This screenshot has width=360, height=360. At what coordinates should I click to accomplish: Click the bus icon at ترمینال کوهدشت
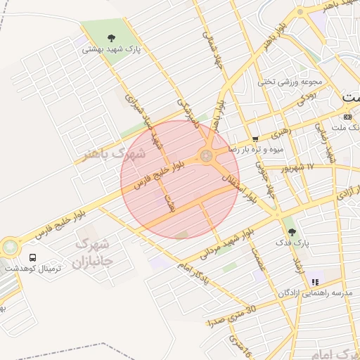point(32,257)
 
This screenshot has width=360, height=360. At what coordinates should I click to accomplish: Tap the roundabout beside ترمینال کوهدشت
point(10,247)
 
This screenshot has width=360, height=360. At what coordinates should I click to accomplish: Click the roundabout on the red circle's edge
point(207,155)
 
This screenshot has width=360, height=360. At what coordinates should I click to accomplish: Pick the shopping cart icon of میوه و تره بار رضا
point(255,139)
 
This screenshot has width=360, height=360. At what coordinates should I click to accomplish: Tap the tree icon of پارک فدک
point(292,231)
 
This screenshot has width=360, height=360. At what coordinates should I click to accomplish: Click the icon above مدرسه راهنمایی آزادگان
point(315,281)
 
